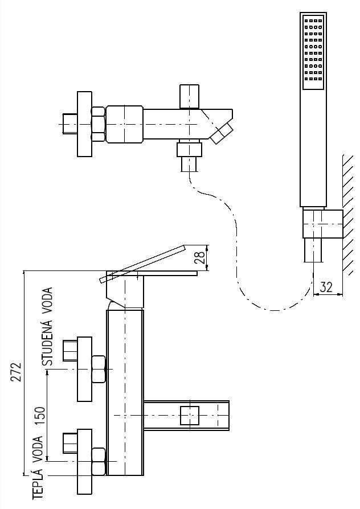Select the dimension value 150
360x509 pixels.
pos(39,416)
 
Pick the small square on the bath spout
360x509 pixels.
pos(189,416)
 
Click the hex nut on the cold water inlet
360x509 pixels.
pos(97,369)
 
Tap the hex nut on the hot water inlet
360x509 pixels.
pos(97,461)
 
